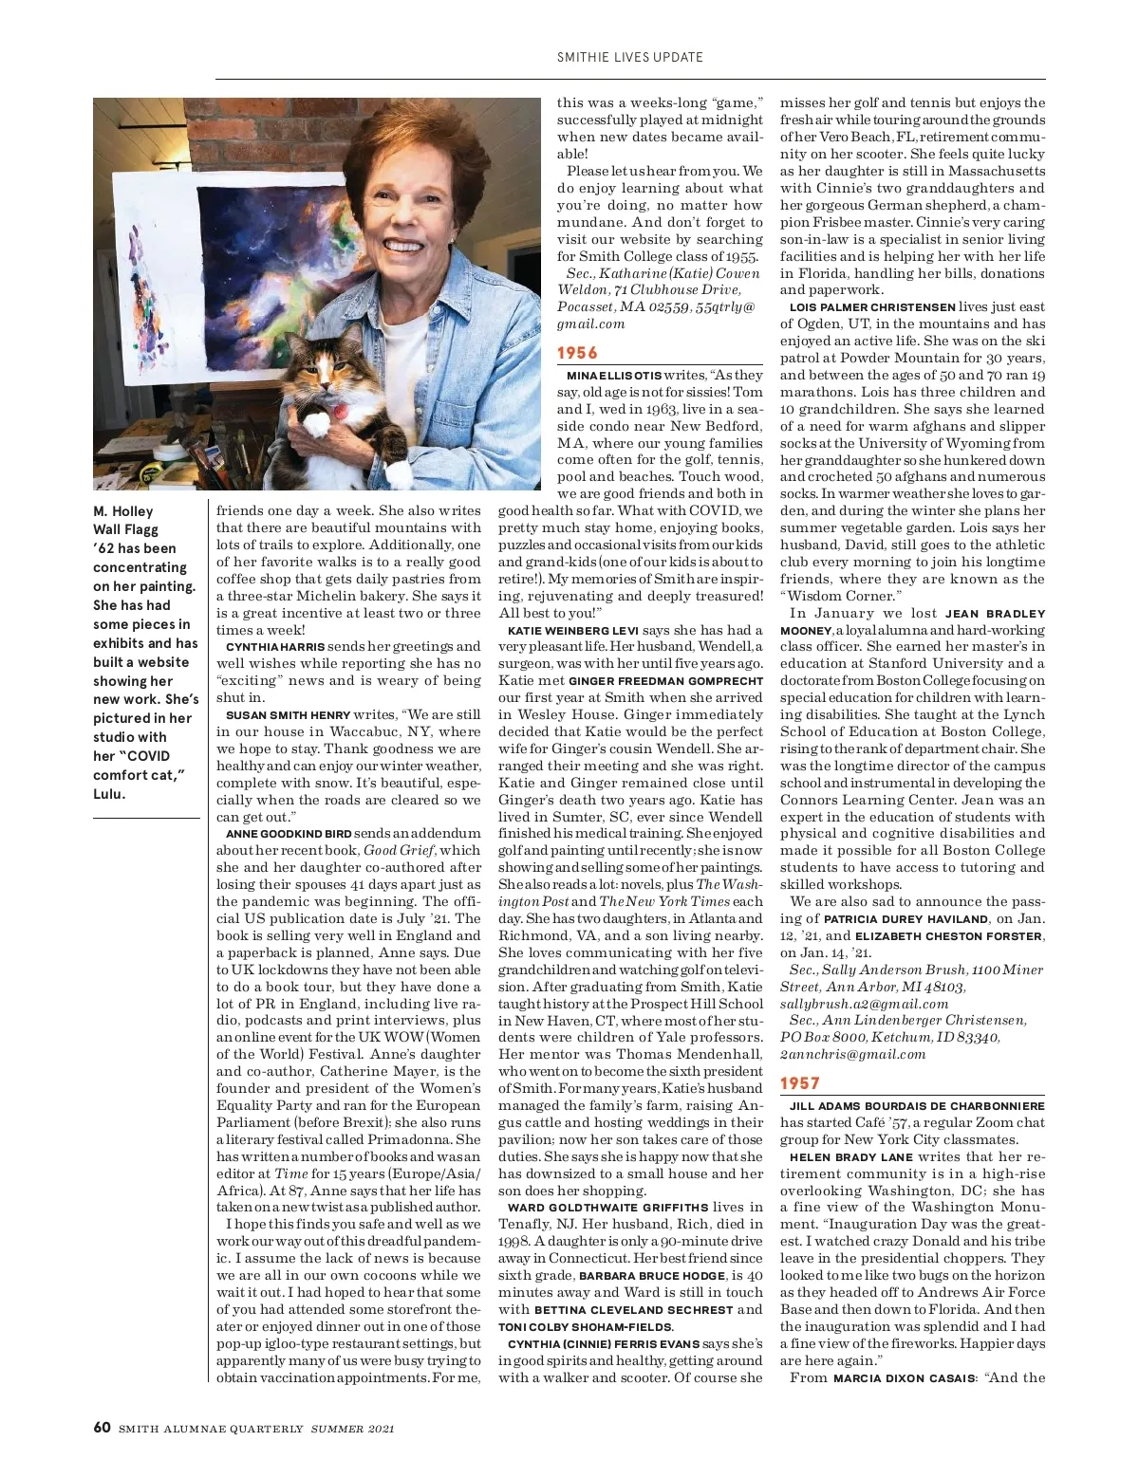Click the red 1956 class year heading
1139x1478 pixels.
(x=577, y=353)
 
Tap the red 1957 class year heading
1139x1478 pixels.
(x=799, y=1083)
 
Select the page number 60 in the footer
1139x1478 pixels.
(x=103, y=1428)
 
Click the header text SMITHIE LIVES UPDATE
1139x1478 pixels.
(x=630, y=57)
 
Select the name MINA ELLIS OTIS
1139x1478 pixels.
(x=613, y=376)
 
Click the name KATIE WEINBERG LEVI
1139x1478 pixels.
(x=572, y=630)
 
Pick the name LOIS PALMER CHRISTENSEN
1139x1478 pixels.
(x=872, y=307)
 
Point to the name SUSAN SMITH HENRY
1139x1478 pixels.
(x=289, y=715)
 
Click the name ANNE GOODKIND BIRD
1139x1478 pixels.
(x=289, y=834)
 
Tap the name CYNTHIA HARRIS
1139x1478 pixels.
(x=275, y=647)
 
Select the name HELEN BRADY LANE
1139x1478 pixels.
(x=851, y=1157)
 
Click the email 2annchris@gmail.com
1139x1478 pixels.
(x=852, y=1054)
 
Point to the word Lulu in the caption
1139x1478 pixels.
(x=108, y=794)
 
